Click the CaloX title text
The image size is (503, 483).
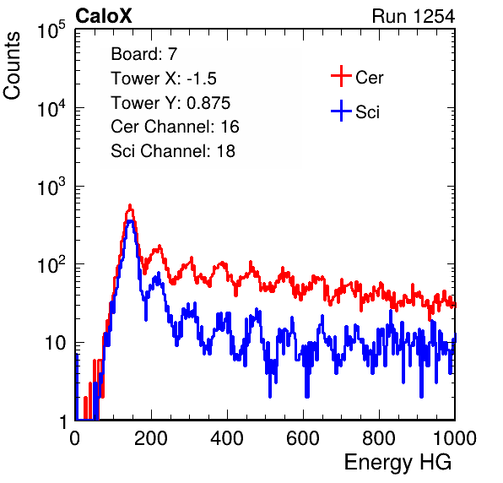(104, 16)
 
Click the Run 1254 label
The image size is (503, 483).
(414, 16)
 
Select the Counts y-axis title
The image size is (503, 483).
(12, 66)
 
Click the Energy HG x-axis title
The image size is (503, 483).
(398, 463)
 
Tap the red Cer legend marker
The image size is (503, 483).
(341, 76)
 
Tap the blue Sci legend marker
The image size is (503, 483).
(341, 111)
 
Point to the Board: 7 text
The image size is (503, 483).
(144, 54)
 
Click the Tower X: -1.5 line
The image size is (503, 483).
(164, 79)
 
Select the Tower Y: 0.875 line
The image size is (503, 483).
(170, 103)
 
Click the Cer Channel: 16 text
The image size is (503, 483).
(175, 127)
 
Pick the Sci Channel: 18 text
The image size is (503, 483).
(173, 151)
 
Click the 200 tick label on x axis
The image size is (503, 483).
(151, 437)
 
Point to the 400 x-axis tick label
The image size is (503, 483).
(227, 437)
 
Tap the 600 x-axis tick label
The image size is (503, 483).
(303, 437)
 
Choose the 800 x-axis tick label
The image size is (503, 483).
(379, 437)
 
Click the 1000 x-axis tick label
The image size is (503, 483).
(455, 437)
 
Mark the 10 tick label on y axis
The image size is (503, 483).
(56, 343)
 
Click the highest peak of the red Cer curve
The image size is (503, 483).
(130, 205)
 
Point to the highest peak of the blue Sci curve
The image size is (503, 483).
(130, 220)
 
